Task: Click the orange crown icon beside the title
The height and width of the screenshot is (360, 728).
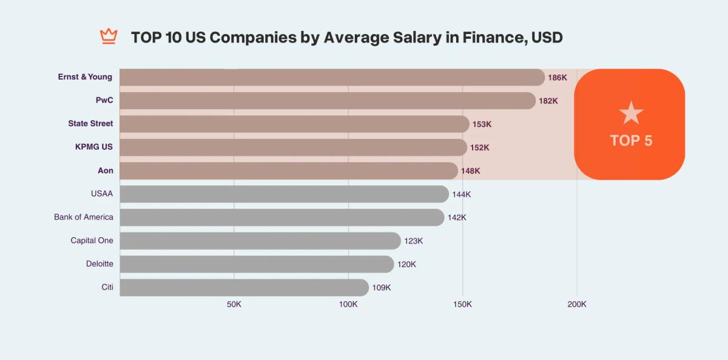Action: click(x=109, y=36)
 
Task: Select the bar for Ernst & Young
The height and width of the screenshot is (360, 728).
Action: click(x=332, y=77)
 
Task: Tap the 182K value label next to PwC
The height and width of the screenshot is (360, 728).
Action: click(x=548, y=101)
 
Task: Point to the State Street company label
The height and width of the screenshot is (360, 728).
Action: click(x=90, y=124)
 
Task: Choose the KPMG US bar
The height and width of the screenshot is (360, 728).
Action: click(x=293, y=148)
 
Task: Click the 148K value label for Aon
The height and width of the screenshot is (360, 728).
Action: click(x=470, y=171)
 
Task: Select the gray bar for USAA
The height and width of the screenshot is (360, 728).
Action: click(x=284, y=194)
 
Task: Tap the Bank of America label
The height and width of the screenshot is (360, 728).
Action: click(x=84, y=217)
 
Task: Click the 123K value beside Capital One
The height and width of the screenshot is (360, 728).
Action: click(x=413, y=241)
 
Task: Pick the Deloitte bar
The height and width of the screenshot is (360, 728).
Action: click(x=257, y=264)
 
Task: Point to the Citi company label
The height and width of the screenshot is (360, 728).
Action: click(x=107, y=287)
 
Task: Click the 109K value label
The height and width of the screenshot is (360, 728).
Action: click(x=381, y=288)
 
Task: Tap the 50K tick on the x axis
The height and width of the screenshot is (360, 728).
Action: click(x=234, y=304)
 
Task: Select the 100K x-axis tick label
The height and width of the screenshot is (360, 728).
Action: click(x=348, y=304)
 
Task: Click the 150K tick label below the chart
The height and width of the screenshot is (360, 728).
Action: click(x=462, y=304)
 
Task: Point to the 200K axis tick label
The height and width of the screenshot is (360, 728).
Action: click(x=576, y=304)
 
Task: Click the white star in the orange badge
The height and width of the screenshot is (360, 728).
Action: click(x=631, y=113)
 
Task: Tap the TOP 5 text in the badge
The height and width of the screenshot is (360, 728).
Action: click(x=631, y=141)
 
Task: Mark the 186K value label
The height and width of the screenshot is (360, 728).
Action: click(x=557, y=78)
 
